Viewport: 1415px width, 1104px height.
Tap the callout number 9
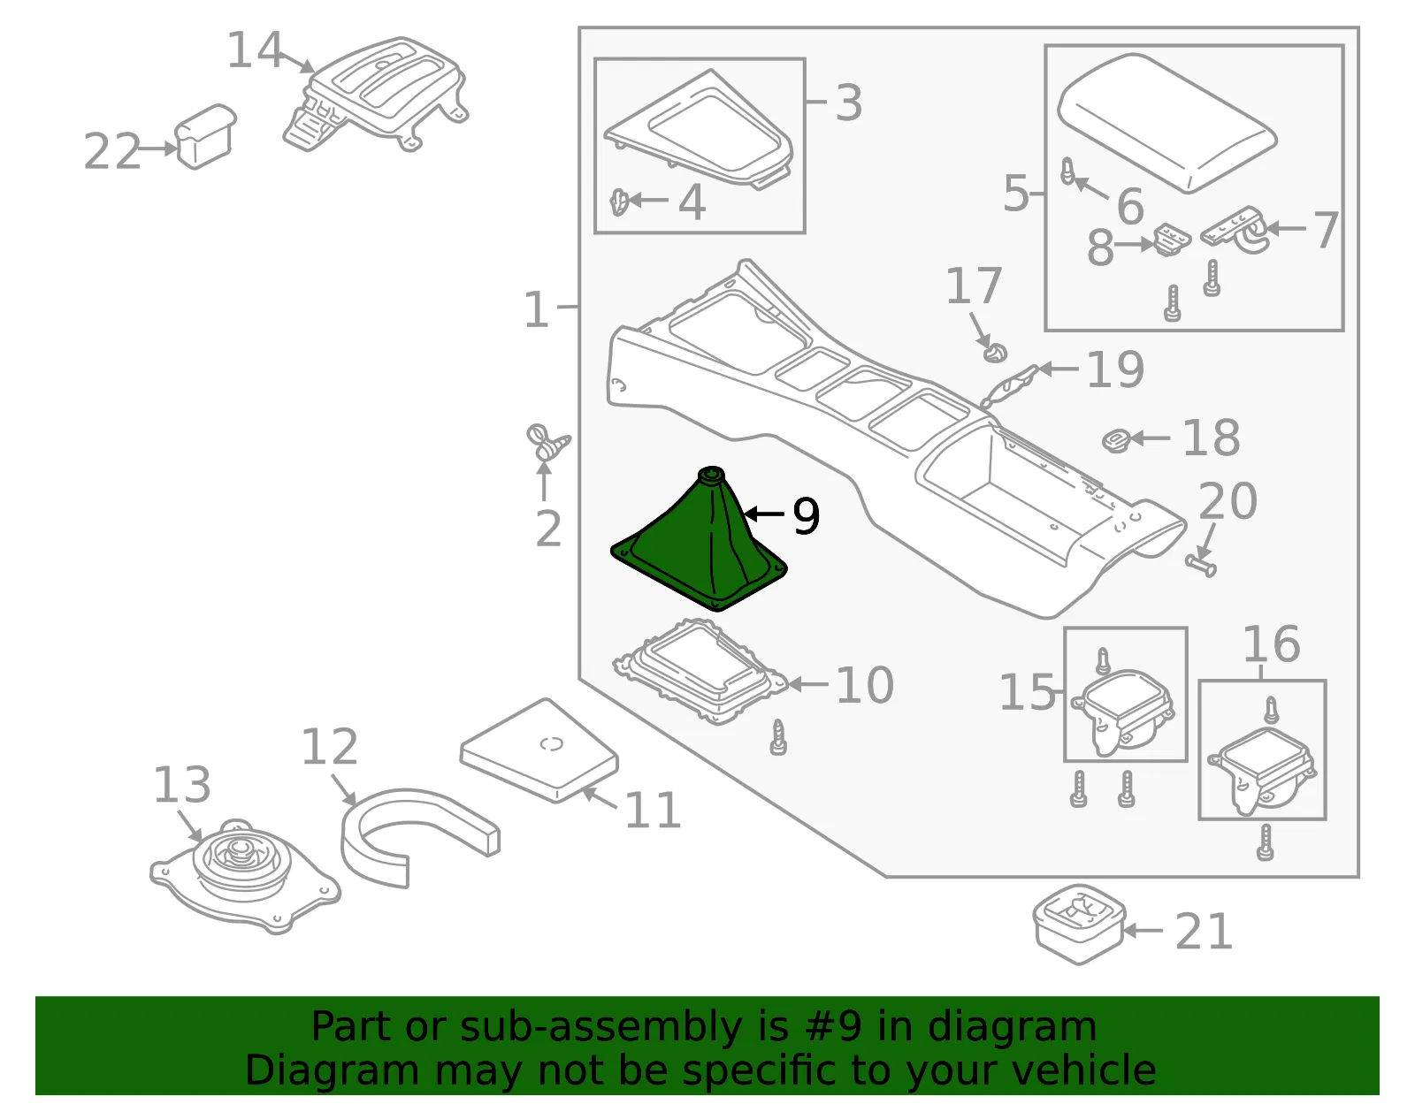point(807,516)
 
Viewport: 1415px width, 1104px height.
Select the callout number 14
point(254,50)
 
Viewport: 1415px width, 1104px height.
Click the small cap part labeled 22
point(204,136)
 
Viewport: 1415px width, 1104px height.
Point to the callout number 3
point(848,103)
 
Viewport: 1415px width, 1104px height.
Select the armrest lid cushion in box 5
point(1166,122)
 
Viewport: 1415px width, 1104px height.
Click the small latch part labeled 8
point(1172,240)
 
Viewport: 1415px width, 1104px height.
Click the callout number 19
point(1115,369)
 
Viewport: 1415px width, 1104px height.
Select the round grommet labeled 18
point(1116,441)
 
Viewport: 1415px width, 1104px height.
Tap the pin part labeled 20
point(1200,565)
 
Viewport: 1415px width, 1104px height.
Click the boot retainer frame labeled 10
point(700,672)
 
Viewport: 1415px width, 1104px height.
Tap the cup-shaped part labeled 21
point(1079,924)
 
